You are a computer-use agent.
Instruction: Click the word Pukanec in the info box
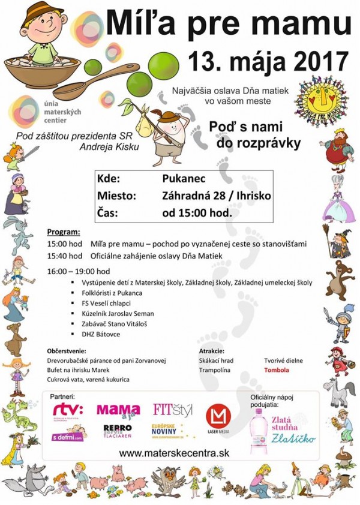181,179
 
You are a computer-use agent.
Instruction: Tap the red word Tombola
277,370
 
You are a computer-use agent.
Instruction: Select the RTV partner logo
67,409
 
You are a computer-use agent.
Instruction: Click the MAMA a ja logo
118,410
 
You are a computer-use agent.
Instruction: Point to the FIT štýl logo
173,410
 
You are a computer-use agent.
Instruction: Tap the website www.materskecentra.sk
174,453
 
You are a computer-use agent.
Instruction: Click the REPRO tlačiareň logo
118,432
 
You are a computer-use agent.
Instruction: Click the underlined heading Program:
63,232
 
